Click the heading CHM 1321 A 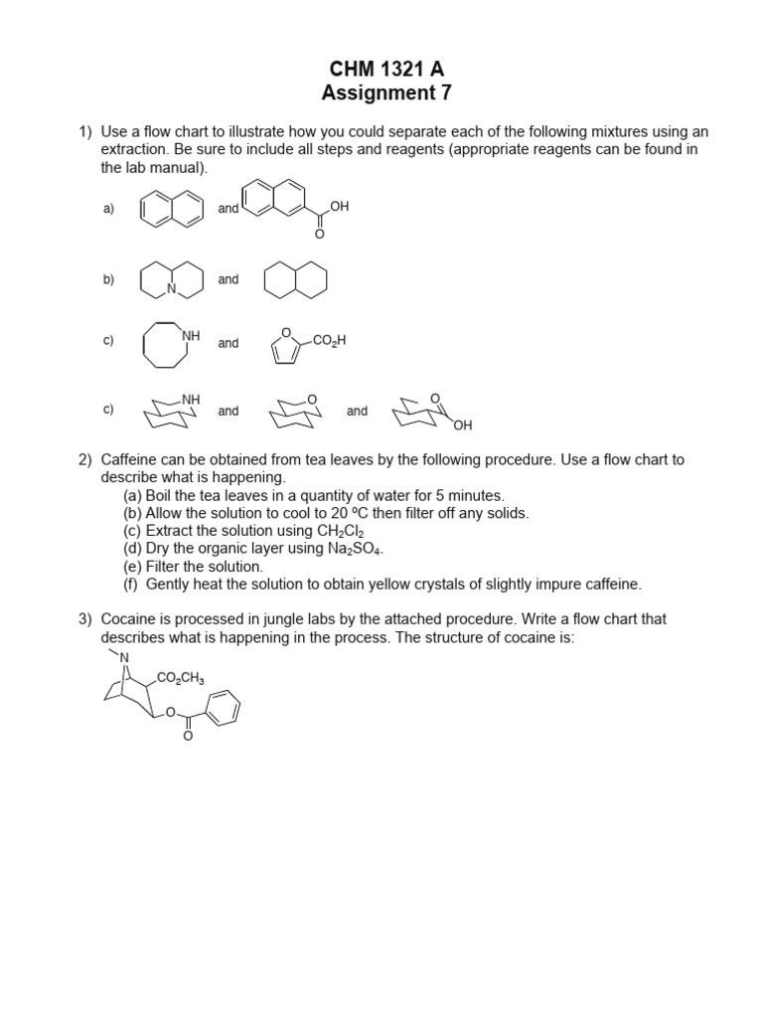pyautogui.click(x=381, y=69)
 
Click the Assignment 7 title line pyautogui.click(x=381, y=93)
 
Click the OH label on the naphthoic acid pyautogui.click(x=340, y=206)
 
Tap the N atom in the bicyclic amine pyautogui.click(x=172, y=290)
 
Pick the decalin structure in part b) pyautogui.click(x=294, y=280)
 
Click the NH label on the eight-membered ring pyautogui.click(x=190, y=336)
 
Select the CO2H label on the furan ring pyautogui.click(x=329, y=341)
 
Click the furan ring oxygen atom pyautogui.click(x=286, y=334)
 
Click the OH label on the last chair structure pyautogui.click(x=462, y=425)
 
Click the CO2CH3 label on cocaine pyautogui.click(x=180, y=679)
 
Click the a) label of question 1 pyautogui.click(x=108, y=209)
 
